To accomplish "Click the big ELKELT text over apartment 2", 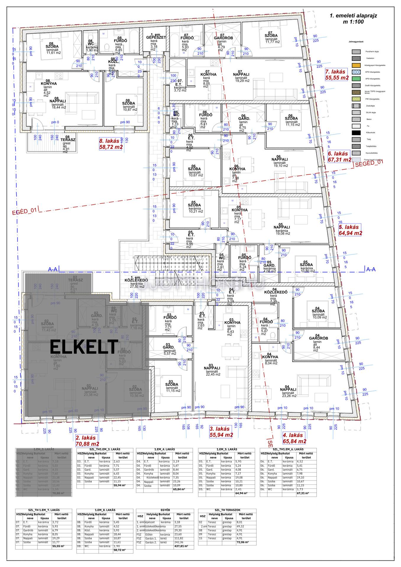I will (x=84, y=347).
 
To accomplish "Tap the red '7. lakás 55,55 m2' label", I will (x=337, y=75).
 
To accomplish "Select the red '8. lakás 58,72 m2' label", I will (x=111, y=144).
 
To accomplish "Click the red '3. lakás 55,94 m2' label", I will (x=221, y=432).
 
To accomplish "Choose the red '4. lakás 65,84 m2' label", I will (x=294, y=438).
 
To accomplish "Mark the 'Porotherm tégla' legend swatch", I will (x=356, y=51).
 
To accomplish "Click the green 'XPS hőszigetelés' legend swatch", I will (x=356, y=79).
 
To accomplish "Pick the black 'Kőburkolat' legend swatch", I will (x=356, y=133).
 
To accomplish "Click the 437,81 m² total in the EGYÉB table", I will (x=181, y=546).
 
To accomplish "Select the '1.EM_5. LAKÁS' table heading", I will (x=226, y=449).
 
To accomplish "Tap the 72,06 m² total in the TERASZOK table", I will (x=242, y=542).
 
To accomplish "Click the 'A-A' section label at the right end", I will (x=371, y=269).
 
